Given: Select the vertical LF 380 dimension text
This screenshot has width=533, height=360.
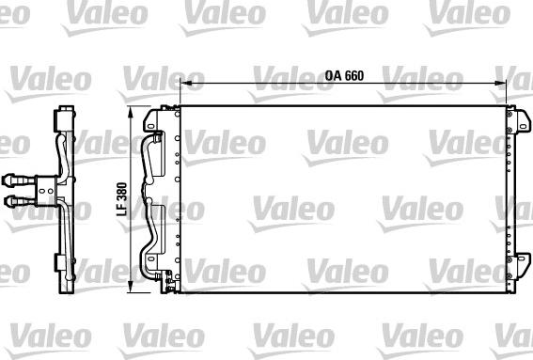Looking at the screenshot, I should coord(119,200).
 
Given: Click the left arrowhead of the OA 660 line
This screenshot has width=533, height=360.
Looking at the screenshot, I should coord(182,85).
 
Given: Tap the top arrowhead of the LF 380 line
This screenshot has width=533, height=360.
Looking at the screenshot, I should coord(129,112).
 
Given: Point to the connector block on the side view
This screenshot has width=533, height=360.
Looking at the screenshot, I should coord(43,189).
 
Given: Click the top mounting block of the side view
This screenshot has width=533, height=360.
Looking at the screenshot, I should coord(64,120).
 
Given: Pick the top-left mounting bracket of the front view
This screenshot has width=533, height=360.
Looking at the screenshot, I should coord(153,121).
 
